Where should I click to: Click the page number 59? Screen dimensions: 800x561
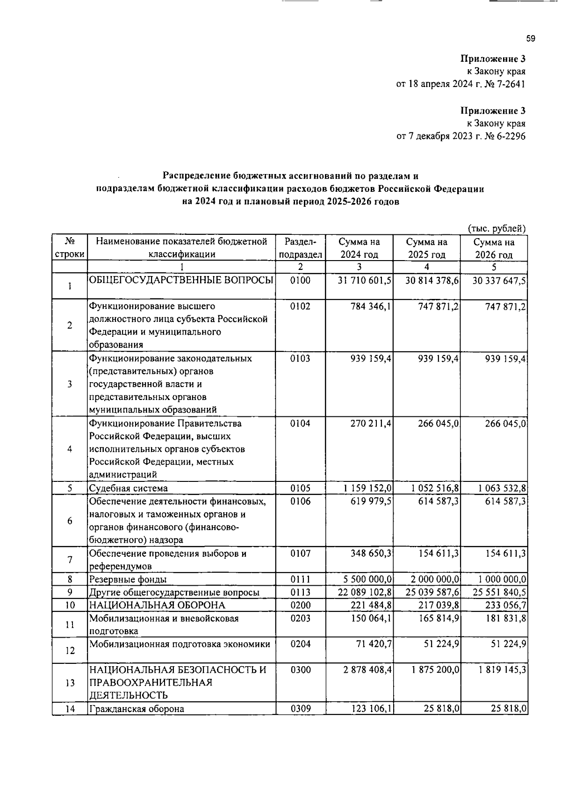(530, 39)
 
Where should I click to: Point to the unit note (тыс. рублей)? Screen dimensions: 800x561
(497, 229)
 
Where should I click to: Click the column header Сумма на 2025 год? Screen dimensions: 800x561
(426, 248)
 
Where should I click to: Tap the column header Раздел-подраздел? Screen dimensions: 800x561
(300, 248)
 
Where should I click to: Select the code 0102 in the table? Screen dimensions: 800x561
(300, 306)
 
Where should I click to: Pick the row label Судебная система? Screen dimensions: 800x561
(129, 488)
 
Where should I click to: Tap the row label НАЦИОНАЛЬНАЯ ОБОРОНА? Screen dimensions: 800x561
(158, 605)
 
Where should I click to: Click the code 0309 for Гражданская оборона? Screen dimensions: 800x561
(300, 709)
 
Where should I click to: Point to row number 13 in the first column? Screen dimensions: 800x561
(70, 683)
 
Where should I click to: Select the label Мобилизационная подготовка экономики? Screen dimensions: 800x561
(180, 644)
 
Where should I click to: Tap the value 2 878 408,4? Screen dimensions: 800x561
(367, 670)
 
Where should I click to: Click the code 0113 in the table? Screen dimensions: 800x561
(300, 592)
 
